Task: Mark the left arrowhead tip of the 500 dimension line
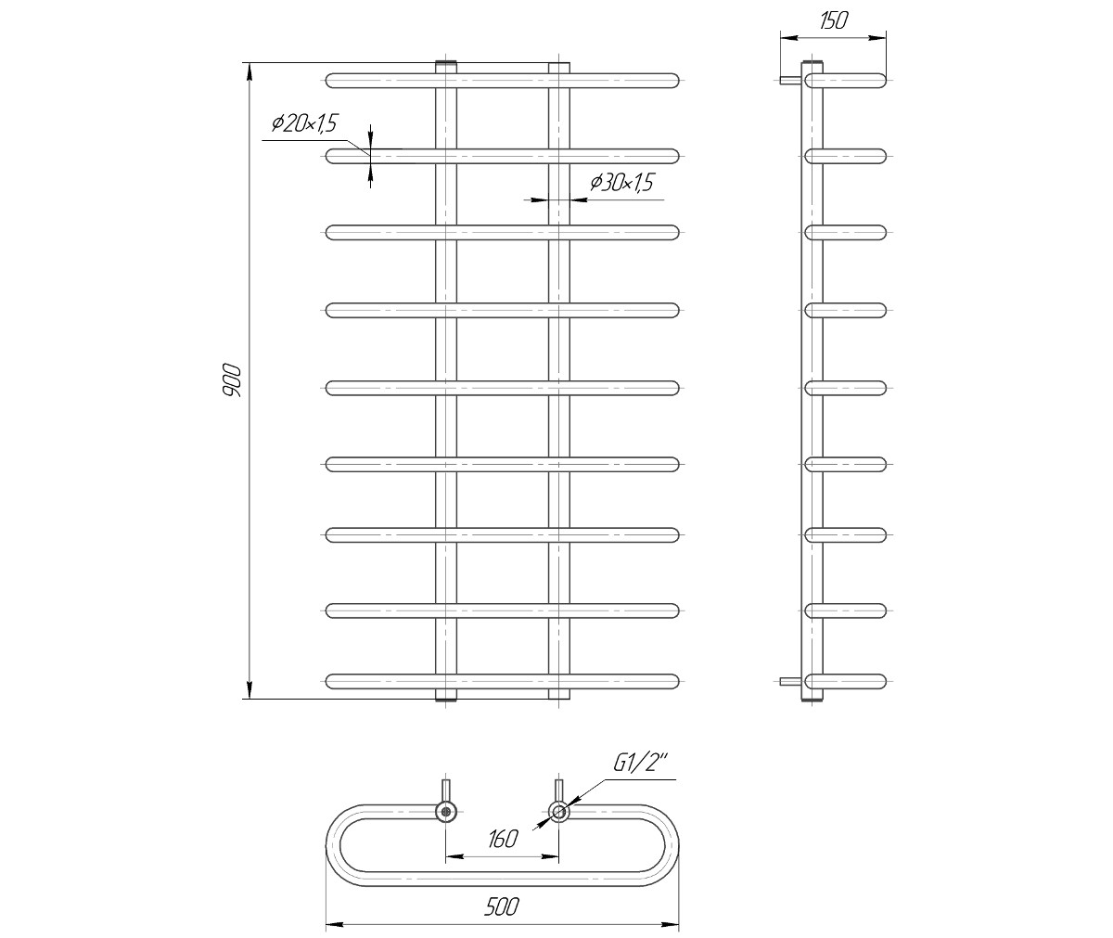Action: [326, 923]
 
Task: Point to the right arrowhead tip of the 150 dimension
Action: [886, 38]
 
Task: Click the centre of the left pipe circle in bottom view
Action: [446, 812]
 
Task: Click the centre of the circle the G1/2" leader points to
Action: [559, 812]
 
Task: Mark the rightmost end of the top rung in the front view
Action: [679, 81]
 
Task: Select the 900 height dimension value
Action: [232, 380]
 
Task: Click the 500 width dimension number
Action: [501, 906]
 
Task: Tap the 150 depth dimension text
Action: [833, 20]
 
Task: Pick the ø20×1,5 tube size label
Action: [304, 123]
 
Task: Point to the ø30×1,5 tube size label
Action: [621, 183]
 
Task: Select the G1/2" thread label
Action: [641, 765]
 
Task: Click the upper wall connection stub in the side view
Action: [790, 81]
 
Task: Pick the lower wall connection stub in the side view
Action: [790, 681]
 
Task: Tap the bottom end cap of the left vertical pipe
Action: [446, 697]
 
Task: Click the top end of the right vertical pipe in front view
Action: [559, 64]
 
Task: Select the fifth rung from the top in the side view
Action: [845, 388]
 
